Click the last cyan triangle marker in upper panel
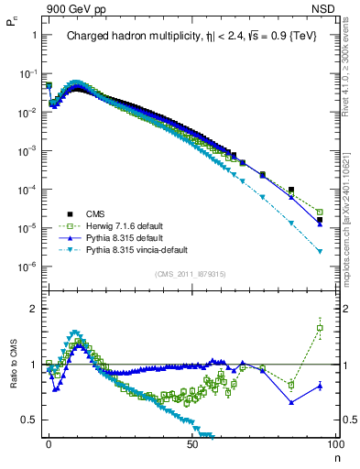pyautogui.click(x=320, y=251)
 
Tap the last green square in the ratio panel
pyautogui.click(x=320, y=328)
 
